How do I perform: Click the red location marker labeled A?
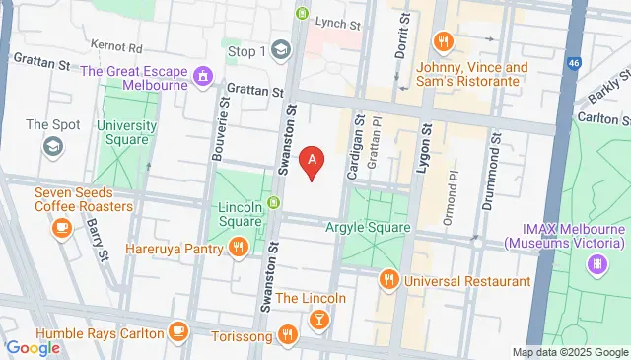313,161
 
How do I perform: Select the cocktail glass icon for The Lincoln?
318,320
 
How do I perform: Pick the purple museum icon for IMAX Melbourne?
596,264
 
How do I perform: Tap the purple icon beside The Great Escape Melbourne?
203,75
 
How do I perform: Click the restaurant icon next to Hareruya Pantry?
238,250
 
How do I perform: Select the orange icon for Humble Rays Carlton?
178,329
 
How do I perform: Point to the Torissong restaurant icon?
287,334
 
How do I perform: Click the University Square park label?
125,132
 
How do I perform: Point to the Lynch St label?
338,21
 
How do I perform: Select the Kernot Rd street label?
115,46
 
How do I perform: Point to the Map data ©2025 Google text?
570,352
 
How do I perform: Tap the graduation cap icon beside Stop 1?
281,50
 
